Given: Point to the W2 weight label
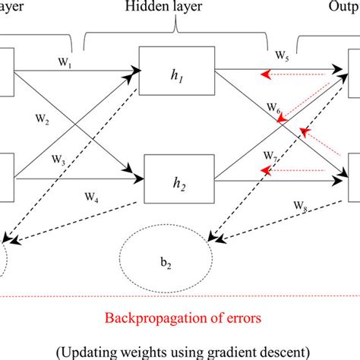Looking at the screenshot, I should pos(42,118).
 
